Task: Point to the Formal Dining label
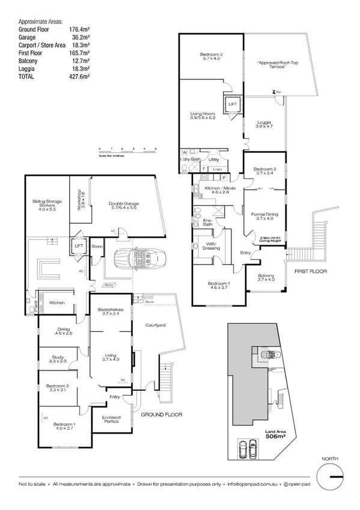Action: (264, 216)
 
